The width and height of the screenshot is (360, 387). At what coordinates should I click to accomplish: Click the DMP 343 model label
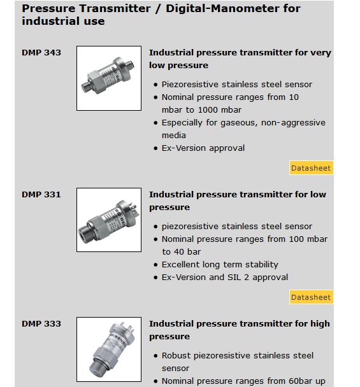point(41,53)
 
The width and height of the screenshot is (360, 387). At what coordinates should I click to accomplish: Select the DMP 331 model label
point(41,195)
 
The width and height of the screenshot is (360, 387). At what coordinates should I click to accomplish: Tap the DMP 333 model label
point(41,324)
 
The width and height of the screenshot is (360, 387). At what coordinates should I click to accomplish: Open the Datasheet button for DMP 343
point(311,168)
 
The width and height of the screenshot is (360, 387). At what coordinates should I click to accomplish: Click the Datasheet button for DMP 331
point(311,297)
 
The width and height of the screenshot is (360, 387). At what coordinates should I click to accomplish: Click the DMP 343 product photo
point(109,78)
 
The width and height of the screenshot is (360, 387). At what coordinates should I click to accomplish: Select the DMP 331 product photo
point(109,220)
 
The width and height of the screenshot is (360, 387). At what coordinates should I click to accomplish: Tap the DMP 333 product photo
point(109,349)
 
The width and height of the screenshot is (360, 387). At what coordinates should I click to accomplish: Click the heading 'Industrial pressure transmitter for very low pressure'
point(240,59)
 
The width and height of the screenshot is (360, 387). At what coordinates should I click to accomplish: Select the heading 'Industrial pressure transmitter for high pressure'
point(239,330)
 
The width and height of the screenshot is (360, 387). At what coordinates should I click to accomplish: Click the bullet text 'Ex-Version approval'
point(203,148)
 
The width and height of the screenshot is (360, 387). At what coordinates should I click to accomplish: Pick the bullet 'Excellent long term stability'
point(220,265)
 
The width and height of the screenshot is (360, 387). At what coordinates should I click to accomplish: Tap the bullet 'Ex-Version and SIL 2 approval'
point(225,278)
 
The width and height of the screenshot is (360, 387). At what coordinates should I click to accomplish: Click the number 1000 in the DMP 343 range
point(208,110)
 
